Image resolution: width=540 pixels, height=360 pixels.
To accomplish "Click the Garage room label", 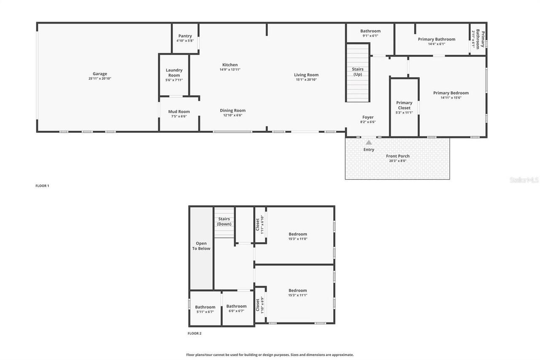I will (x=100, y=74).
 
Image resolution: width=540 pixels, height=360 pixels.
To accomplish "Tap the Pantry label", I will (x=185, y=36).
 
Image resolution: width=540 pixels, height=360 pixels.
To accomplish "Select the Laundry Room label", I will (x=174, y=73).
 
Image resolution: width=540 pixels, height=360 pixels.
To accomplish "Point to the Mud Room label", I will (x=179, y=112).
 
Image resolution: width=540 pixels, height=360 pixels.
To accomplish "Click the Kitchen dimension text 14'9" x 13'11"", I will (x=230, y=70).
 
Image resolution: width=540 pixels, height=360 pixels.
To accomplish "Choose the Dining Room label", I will (x=232, y=111).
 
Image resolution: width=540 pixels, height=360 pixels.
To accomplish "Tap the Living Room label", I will (x=306, y=75).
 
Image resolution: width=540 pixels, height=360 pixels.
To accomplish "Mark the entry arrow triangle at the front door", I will (x=369, y=143).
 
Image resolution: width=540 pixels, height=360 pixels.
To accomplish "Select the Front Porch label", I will (x=398, y=156).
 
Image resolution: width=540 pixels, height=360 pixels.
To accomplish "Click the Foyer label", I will (x=368, y=117).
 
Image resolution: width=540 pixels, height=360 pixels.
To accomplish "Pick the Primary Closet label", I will (x=404, y=105).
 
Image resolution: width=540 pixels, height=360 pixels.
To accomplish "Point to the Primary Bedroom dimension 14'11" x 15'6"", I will (x=451, y=97).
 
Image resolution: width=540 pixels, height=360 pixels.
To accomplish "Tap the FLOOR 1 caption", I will (x=42, y=186).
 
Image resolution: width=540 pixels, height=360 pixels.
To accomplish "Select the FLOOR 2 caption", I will (x=194, y=333).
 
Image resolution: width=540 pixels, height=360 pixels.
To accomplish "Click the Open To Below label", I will (x=201, y=246).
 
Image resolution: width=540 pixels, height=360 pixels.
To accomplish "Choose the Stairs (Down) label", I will (x=224, y=221).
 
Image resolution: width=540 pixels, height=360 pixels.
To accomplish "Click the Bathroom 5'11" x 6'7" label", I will (x=205, y=309).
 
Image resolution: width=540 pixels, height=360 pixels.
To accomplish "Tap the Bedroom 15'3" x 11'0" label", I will (x=297, y=236).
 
